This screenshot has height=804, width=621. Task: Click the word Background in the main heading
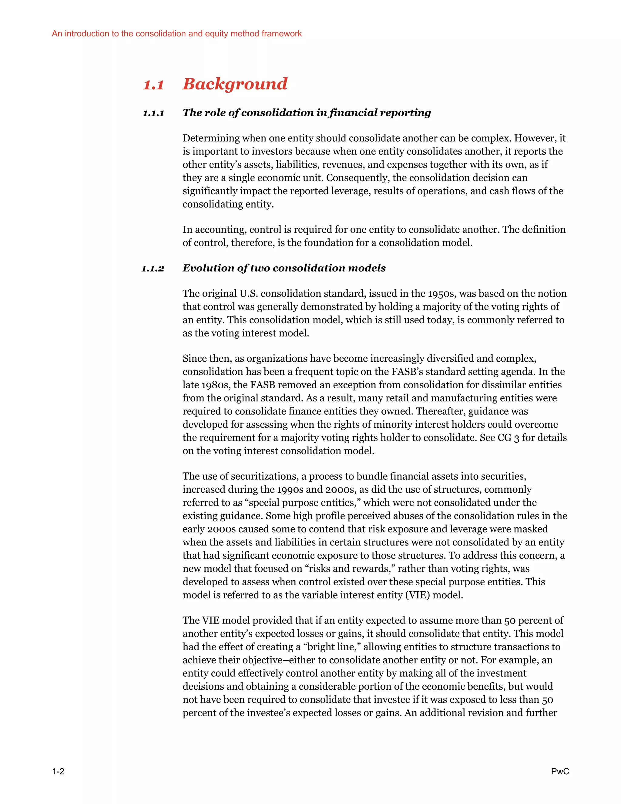(x=235, y=84)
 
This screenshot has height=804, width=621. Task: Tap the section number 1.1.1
(x=153, y=113)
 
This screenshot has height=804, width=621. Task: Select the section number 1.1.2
(x=153, y=269)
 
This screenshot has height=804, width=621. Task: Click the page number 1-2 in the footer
(x=58, y=771)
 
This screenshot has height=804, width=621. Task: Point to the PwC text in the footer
(x=559, y=771)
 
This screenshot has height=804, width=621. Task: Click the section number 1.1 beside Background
(x=153, y=85)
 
